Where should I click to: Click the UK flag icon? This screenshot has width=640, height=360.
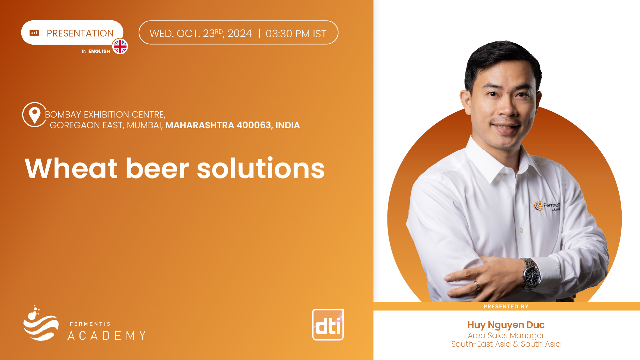tap(120, 46)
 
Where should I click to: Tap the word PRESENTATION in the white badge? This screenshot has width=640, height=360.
tap(80, 33)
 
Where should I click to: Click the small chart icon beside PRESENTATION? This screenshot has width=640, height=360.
tap(34, 33)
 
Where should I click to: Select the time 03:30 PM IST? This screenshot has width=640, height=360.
tap(296, 34)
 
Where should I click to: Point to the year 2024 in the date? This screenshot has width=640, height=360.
tap(240, 34)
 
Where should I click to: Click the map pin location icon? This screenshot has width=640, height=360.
tap(34, 115)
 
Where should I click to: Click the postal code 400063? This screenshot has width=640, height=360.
tap(254, 125)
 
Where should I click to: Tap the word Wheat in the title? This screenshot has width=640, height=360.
tap(71, 169)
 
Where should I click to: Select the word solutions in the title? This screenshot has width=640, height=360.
tap(261, 169)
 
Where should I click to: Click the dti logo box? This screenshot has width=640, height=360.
tap(328, 325)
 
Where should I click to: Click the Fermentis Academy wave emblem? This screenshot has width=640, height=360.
tap(41, 323)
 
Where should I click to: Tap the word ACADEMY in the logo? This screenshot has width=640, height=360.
tap(107, 335)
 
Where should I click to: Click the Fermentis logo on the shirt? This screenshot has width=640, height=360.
tap(547, 205)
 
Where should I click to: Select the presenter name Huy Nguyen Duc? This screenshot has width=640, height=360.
tap(506, 325)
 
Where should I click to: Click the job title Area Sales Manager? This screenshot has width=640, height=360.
tap(506, 335)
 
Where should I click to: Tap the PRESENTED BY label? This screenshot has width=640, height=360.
tap(506, 306)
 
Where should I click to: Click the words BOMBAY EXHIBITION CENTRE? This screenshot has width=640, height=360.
tap(105, 115)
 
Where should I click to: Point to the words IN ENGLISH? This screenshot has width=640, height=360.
tap(96, 51)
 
